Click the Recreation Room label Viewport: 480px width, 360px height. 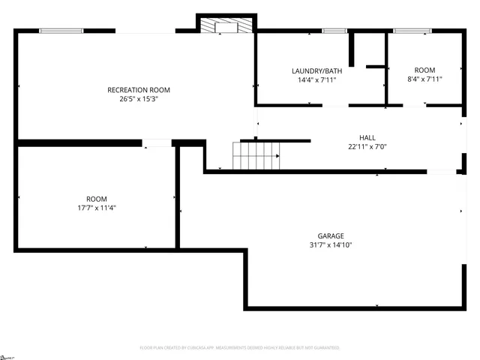click(x=133, y=90)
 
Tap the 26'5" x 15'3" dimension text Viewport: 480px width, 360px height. click(x=133, y=99)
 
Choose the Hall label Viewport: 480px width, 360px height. click(x=367, y=138)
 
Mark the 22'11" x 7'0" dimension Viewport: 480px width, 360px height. click(x=367, y=146)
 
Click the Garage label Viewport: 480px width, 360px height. click(x=331, y=236)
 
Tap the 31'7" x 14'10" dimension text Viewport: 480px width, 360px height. click(x=331, y=245)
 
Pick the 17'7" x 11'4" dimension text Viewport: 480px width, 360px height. click(x=96, y=208)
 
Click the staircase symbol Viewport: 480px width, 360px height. click(x=256, y=155)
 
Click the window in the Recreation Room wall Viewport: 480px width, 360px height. click(x=61, y=31)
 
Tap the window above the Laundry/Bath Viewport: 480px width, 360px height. click(x=334, y=31)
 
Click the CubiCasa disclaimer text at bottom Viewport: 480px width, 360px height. click(x=239, y=348)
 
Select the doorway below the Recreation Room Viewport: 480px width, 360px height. click(x=157, y=142)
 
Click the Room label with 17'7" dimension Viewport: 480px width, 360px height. click(x=96, y=199)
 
